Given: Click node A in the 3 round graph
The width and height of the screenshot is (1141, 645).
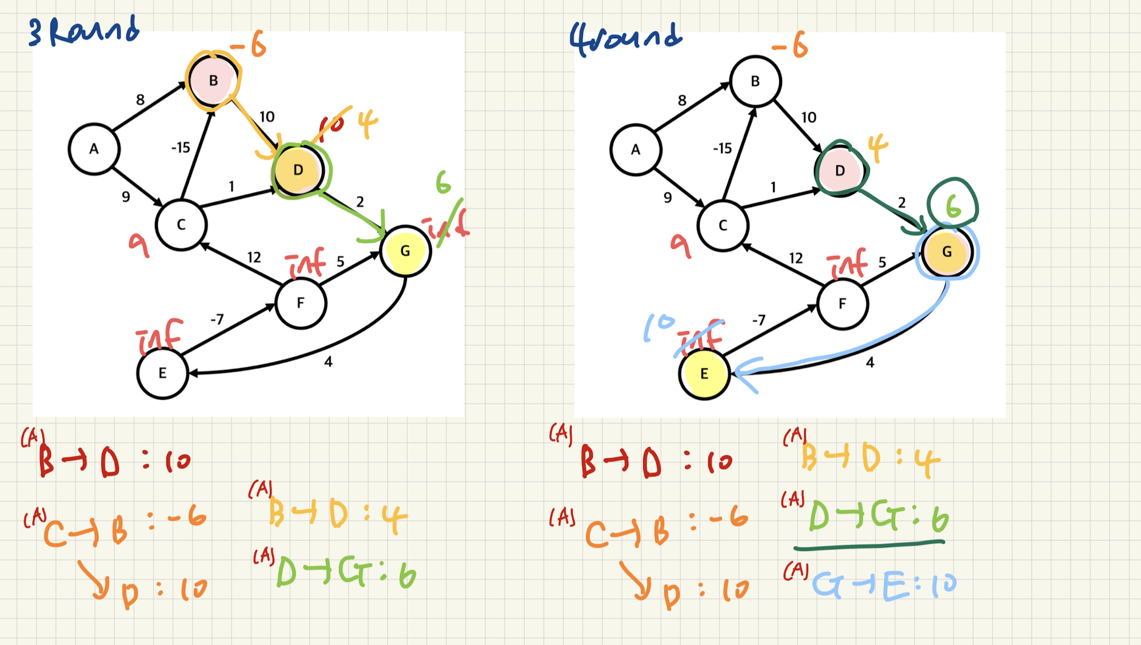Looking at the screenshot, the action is tap(94, 149).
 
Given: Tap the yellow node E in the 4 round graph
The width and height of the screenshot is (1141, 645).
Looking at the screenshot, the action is tap(704, 374).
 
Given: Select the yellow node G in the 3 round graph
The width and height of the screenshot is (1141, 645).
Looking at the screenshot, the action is tap(405, 251).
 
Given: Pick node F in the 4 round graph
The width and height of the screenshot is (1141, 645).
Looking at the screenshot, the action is tap(842, 304).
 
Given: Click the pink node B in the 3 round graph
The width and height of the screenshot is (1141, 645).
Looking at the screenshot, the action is tap(213, 81).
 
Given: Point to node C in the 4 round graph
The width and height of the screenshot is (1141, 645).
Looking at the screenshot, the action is tap(723, 225).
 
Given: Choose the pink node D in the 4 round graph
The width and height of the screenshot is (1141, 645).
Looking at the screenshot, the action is tap(840, 170).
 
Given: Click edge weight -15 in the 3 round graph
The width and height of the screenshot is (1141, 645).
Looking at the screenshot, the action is tap(181, 148).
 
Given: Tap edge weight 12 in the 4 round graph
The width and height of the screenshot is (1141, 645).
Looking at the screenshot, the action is tap(796, 258).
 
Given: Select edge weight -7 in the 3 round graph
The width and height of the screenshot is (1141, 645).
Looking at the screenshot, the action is tap(217, 319).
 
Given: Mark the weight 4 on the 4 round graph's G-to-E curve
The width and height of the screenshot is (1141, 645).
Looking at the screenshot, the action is tap(869, 363).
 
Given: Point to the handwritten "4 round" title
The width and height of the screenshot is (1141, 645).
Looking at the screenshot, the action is tap(625, 37).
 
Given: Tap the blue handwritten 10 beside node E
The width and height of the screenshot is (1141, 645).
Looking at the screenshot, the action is tap(659, 327).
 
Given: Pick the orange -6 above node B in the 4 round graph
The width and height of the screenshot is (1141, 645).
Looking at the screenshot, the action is tap(790, 45).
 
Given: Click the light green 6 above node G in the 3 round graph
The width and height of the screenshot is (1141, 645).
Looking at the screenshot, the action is tap(443, 183).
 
